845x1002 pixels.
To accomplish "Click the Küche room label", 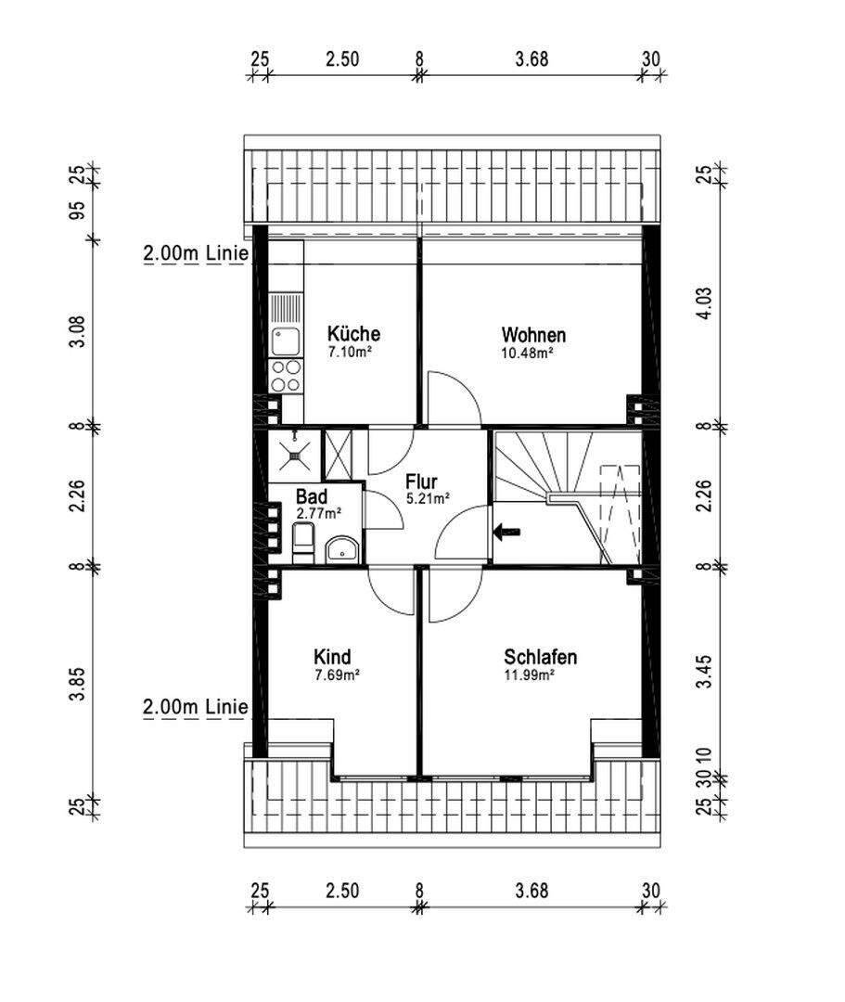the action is coord(353,334).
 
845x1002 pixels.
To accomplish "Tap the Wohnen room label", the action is coord(533,335).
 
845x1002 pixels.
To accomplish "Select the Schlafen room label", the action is coord(541,657).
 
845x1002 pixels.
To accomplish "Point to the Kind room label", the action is coord(332,657).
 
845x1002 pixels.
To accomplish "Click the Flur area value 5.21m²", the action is coord(428,498).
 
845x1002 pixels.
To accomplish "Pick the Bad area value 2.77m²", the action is coord(318,512).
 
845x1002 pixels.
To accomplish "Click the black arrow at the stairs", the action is coord(507,531).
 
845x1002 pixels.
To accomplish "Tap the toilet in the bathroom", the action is coord(302,543).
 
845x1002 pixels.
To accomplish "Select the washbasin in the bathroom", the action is coord(342,549).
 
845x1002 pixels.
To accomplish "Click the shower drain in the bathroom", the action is coord(294,456).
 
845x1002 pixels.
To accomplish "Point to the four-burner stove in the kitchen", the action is coord(286,376).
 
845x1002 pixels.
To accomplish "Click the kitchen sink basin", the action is coord(286,341).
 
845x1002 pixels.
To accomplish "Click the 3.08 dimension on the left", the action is coord(77,332).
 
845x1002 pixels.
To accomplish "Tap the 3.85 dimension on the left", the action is coord(77,684).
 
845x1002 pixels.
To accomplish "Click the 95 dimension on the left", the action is coord(77,211).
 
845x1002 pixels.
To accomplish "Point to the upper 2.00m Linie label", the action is coord(196,253).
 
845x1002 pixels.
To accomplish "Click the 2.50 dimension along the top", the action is coord(342,58).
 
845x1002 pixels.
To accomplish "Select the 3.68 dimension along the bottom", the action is coord(532,890).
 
